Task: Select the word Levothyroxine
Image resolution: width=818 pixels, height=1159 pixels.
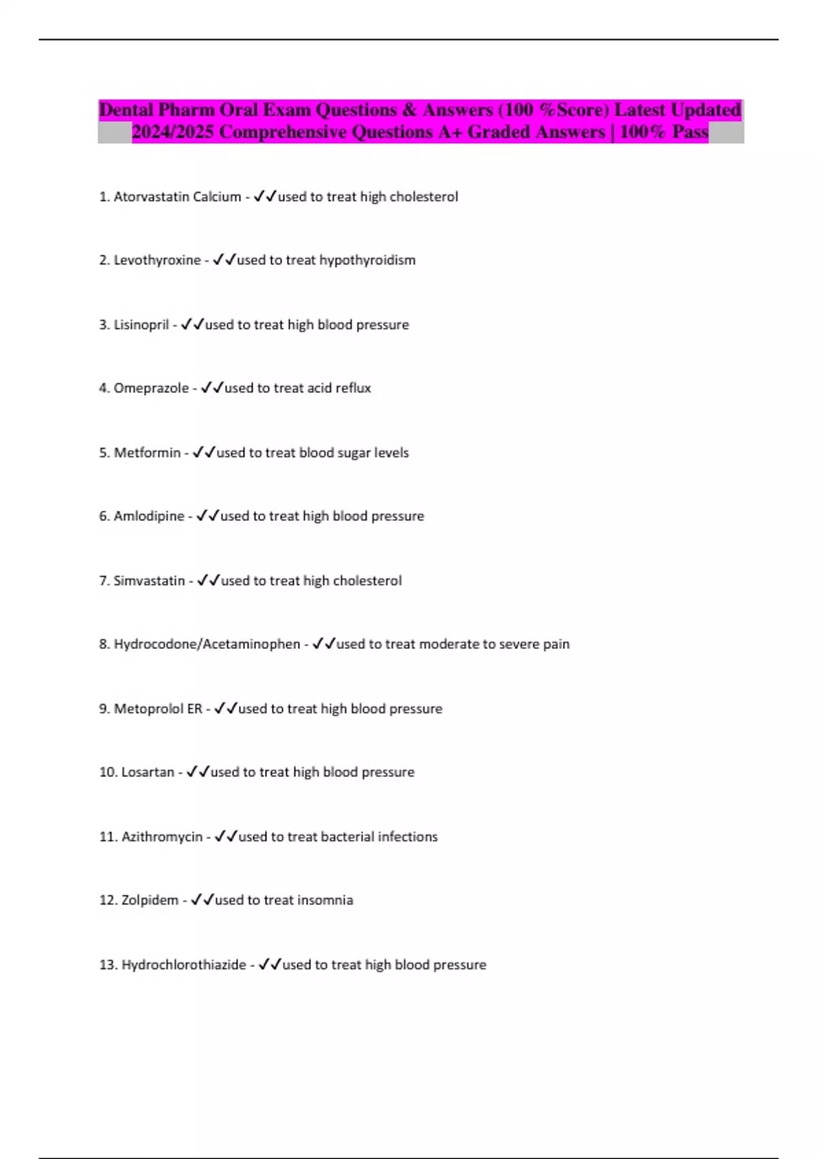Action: [x=157, y=260]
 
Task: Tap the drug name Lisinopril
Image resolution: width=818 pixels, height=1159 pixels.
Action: [x=141, y=325]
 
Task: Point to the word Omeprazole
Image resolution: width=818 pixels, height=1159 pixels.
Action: [x=151, y=389]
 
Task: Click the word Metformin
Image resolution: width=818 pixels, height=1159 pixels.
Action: [x=147, y=453]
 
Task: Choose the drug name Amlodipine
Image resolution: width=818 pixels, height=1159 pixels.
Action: [x=149, y=517]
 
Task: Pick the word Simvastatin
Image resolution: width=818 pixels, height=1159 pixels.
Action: [x=149, y=581]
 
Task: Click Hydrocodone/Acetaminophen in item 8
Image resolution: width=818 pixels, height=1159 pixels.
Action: [x=207, y=644]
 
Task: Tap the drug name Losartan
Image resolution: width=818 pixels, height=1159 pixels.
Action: [x=147, y=772]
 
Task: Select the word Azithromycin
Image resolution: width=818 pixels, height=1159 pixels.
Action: [x=162, y=837]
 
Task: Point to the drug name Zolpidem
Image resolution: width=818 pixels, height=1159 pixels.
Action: [x=149, y=901]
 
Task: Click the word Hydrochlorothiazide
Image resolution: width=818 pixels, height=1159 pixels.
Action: [x=183, y=965]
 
